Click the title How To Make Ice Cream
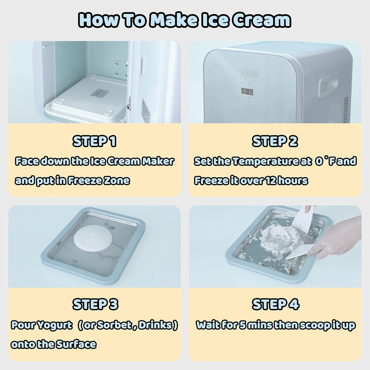coord(185,20)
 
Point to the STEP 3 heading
coord(95,304)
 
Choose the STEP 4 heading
coord(276,304)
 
